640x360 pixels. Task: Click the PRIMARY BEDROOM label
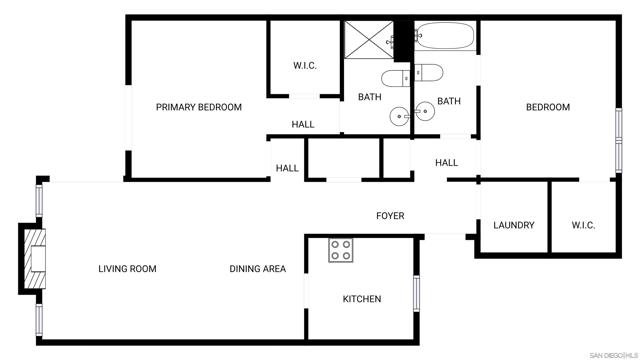point(198,107)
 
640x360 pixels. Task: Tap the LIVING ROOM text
point(127,268)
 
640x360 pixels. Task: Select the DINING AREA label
point(258,268)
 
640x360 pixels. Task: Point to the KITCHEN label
point(362,299)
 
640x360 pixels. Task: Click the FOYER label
point(390,216)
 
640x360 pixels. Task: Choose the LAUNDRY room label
point(514,225)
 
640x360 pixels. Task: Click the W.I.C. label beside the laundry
point(584,225)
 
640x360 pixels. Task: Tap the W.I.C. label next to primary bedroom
point(305,66)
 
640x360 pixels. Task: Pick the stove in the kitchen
point(341,250)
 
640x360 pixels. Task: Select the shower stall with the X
point(367,41)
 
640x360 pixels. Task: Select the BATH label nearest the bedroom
point(448,101)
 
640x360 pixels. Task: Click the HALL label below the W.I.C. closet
point(303,125)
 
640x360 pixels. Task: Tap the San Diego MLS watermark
point(612,354)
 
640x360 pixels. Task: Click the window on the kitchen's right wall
point(417,290)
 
